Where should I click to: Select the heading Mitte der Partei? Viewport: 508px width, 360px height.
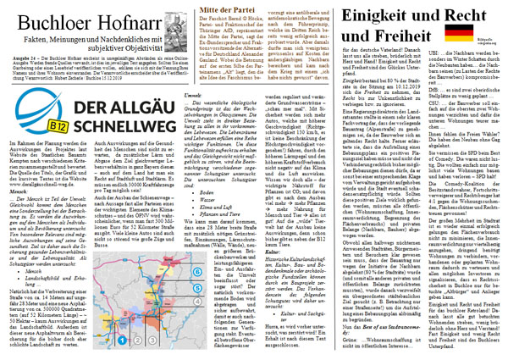pos(235,11)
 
